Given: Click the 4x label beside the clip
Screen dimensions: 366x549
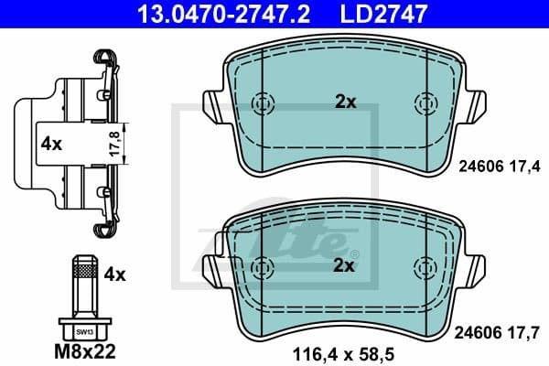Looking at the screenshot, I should pos(51,144).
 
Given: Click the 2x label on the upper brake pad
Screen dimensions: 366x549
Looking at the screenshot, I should pos(344,102).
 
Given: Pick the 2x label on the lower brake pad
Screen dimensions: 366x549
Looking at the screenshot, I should pos(344,266).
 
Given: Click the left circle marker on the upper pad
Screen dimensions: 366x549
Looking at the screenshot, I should pos(263,102).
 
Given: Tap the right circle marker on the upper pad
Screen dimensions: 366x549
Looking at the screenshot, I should pos(425,102).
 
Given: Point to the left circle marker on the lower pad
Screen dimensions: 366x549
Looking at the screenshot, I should pos(263,266).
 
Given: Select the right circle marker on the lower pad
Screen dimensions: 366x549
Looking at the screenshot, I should pos(425,266).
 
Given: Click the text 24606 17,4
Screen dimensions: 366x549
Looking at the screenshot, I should pos(499,166).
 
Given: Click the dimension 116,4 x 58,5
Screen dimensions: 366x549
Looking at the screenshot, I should pos(344,349).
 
